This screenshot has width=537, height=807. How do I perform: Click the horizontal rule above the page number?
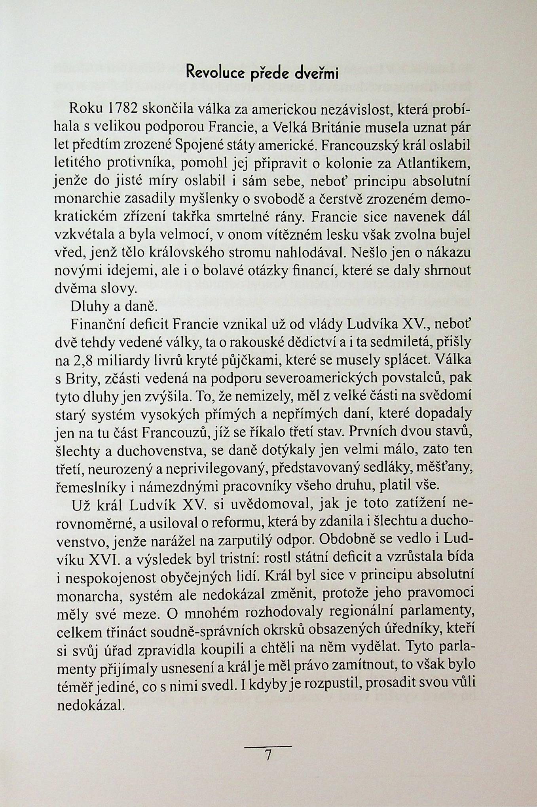(x=268, y=746)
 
